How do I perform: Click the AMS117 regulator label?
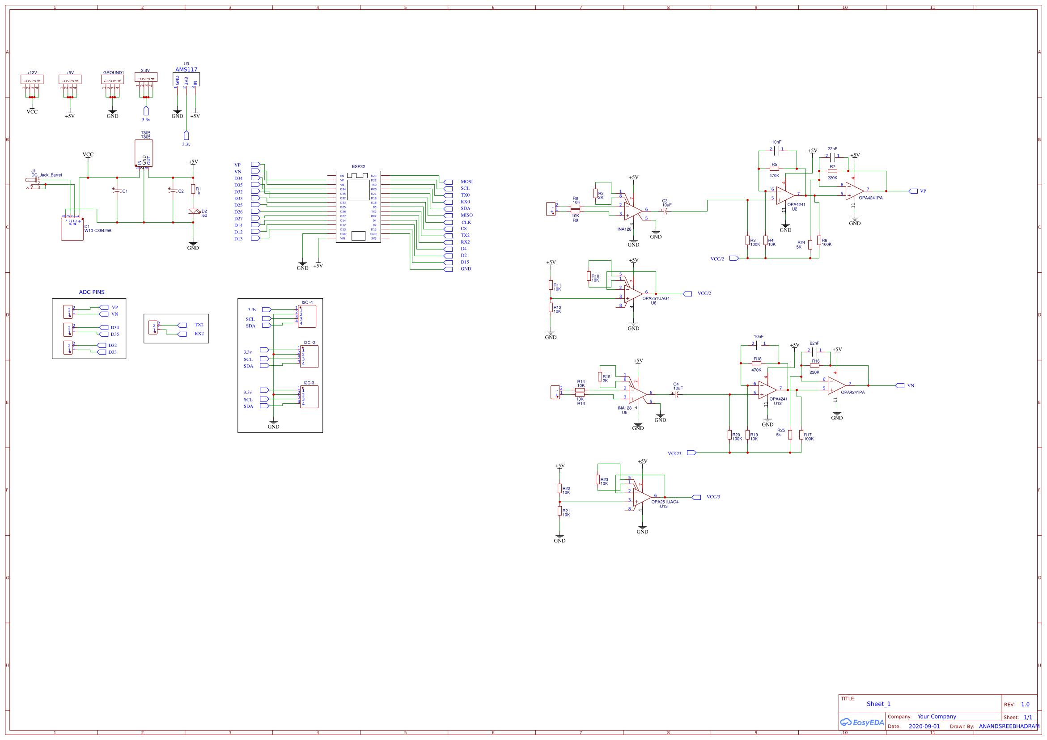(186, 69)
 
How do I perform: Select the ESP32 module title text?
(358, 166)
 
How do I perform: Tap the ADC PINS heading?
(92, 292)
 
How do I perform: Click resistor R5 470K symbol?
(774, 169)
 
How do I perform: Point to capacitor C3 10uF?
(666, 211)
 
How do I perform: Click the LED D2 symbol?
(193, 211)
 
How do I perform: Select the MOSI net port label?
(466, 182)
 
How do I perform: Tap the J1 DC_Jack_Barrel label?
(47, 175)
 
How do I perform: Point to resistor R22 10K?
(560, 488)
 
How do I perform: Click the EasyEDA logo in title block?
(861, 722)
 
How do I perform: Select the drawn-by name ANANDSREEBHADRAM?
(1009, 726)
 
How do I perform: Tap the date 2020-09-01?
(924, 726)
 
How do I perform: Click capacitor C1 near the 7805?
(117, 191)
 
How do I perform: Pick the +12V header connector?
(32, 79)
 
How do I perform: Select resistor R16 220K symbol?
(814, 365)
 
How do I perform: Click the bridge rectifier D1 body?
(72, 229)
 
